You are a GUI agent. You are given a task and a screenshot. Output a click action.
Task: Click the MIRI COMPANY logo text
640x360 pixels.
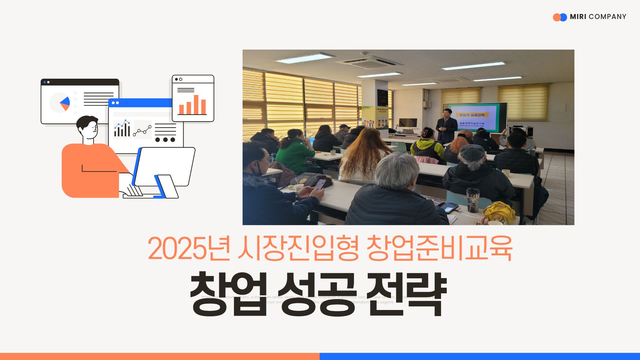coord(598,17)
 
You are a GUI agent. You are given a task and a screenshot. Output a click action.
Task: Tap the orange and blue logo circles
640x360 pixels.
coord(560,17)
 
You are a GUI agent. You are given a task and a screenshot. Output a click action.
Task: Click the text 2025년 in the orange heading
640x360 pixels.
coord(189,249)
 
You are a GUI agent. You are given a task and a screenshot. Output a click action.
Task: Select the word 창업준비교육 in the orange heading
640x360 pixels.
coord(439,249)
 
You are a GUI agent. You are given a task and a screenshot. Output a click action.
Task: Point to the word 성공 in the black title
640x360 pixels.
coord(317,294)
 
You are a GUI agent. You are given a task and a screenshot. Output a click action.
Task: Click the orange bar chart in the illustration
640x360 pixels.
coord(192,105)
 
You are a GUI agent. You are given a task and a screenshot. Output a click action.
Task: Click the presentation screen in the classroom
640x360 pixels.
coord(475,117)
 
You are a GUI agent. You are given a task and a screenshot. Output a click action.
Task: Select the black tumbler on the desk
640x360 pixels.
coord(472,200)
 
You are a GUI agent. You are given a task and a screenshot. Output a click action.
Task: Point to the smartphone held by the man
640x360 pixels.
coord(320,184)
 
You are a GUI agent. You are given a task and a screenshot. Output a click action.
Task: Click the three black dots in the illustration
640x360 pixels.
coord(165,140)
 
